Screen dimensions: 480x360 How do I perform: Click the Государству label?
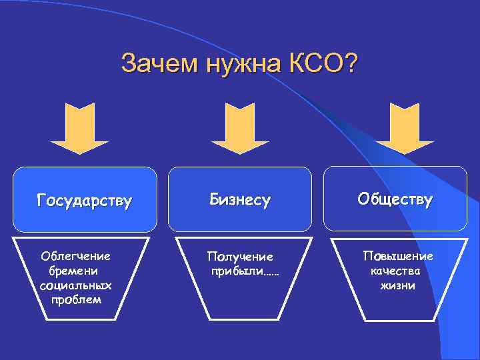[x=85, y=199]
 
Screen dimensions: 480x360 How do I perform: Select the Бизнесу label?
[x=240, y=199]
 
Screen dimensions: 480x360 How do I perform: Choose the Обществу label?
[x=395, y=199]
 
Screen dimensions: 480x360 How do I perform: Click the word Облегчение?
[x=75, y=256]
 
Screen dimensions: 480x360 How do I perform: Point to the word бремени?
[x=73, y=271]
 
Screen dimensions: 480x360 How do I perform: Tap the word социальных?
[x=75, y=285]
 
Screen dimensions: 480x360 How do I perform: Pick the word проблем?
[x=76, y=299]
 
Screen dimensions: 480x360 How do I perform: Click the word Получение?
[x=240, y=257]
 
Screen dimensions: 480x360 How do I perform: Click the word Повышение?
[x=397, y=256]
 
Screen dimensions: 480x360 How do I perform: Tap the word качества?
[x=397, y=271]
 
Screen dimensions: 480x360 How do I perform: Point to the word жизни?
[x=397, y=285]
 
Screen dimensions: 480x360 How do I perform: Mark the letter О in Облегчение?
[x=45, y=256]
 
